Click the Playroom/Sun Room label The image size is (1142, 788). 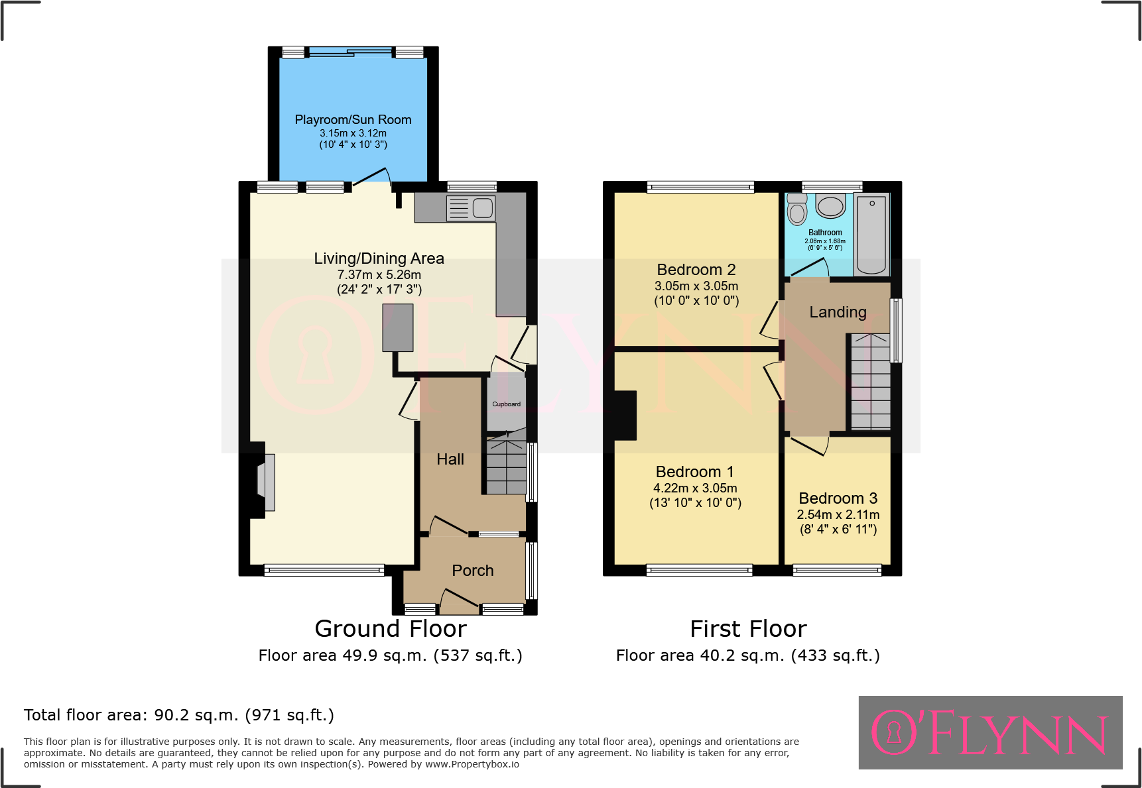353,120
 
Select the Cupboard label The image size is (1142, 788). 506,404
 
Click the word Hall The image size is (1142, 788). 450,459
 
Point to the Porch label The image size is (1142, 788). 472,571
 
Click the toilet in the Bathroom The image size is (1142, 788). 797,211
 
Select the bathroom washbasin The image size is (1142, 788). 830,206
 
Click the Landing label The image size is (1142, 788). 838,312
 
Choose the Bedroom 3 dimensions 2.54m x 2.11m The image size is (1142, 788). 838,515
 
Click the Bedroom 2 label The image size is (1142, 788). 696,270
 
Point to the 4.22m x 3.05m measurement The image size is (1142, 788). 695,488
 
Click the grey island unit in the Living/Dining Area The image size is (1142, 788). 398,327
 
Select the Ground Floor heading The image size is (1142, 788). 391,628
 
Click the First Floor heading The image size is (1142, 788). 748,628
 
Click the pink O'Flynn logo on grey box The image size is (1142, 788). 989,732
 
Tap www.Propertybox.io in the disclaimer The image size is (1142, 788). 472,764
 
